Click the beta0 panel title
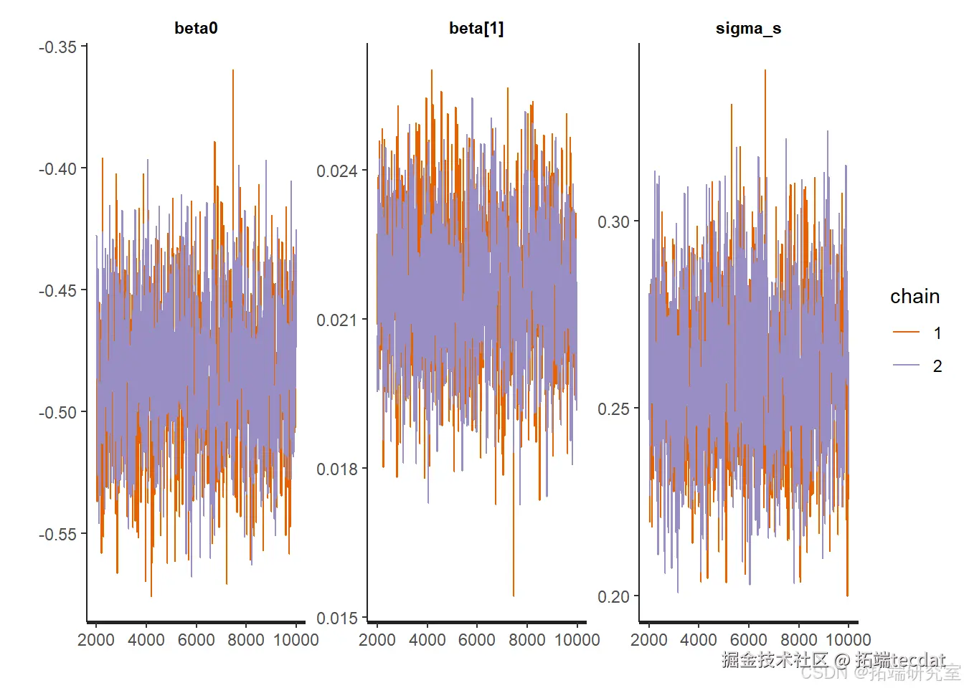click(196, 29)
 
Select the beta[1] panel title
click(476, 29)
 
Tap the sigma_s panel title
click(748, 29)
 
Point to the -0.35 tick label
click(57, 47)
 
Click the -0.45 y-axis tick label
click(57, 291)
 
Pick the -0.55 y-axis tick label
click(57, 535)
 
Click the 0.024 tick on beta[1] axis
click(336, 171)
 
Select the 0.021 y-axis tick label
click(336, 320)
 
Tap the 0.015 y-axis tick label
click(336, 618)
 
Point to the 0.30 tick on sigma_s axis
click(613, 222)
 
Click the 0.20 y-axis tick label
click(613, 597)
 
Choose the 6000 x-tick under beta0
click(196, 640)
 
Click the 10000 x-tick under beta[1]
click(577, 640)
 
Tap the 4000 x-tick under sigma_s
click(699, 640)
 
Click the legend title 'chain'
click(915, 297)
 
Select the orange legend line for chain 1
click(906, 333)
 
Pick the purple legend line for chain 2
click(906, 365)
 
